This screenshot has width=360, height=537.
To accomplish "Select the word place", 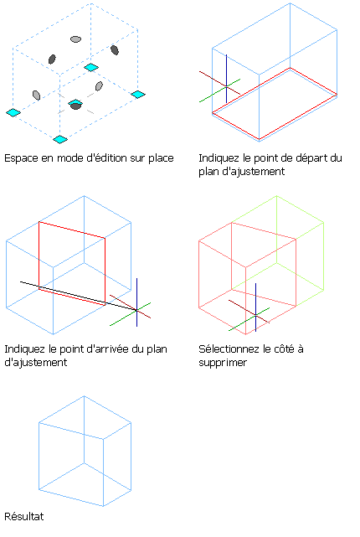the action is coord(161,158).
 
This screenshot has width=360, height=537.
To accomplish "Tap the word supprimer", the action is coord(223,363).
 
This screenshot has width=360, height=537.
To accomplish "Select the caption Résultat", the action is coord(24,516).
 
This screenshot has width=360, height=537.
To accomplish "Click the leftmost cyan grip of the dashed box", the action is coord(13,112).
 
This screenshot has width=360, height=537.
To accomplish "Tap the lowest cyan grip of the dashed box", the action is coord(60,139).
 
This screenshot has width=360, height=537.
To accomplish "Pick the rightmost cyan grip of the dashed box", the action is coord(138,94).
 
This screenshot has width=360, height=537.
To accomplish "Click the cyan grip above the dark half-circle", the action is coord(75,102).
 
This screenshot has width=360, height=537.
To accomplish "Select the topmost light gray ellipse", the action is coord(75,39).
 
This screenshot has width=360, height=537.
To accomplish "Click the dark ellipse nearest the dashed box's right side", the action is coord(115,50).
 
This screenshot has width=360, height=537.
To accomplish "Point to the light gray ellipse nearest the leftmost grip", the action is coord(36,95).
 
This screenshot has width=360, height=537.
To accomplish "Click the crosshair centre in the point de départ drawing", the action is coord(226,86).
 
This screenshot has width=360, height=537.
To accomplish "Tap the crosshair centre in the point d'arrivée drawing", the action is coord(136,310).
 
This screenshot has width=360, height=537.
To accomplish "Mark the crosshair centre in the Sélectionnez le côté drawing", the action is coord(255,315).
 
